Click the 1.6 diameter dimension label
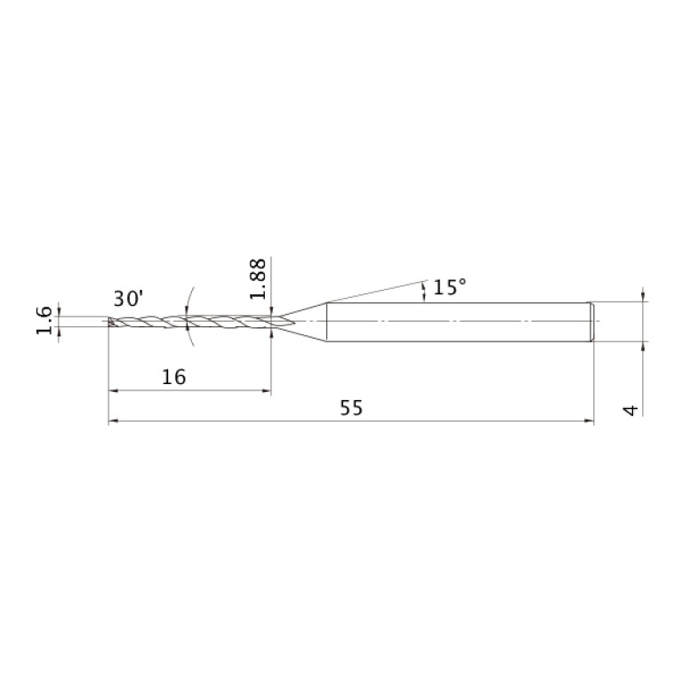click(44, 321)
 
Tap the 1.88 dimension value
click(258, 279)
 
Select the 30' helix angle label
click(128, 299)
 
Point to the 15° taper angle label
click(450, 287)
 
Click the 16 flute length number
click(174, 377)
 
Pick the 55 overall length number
click(351, 408)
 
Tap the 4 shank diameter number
click(631, 410)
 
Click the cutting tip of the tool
click(110, 322)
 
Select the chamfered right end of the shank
click(592, 322)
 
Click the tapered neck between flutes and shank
click(303, 322)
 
